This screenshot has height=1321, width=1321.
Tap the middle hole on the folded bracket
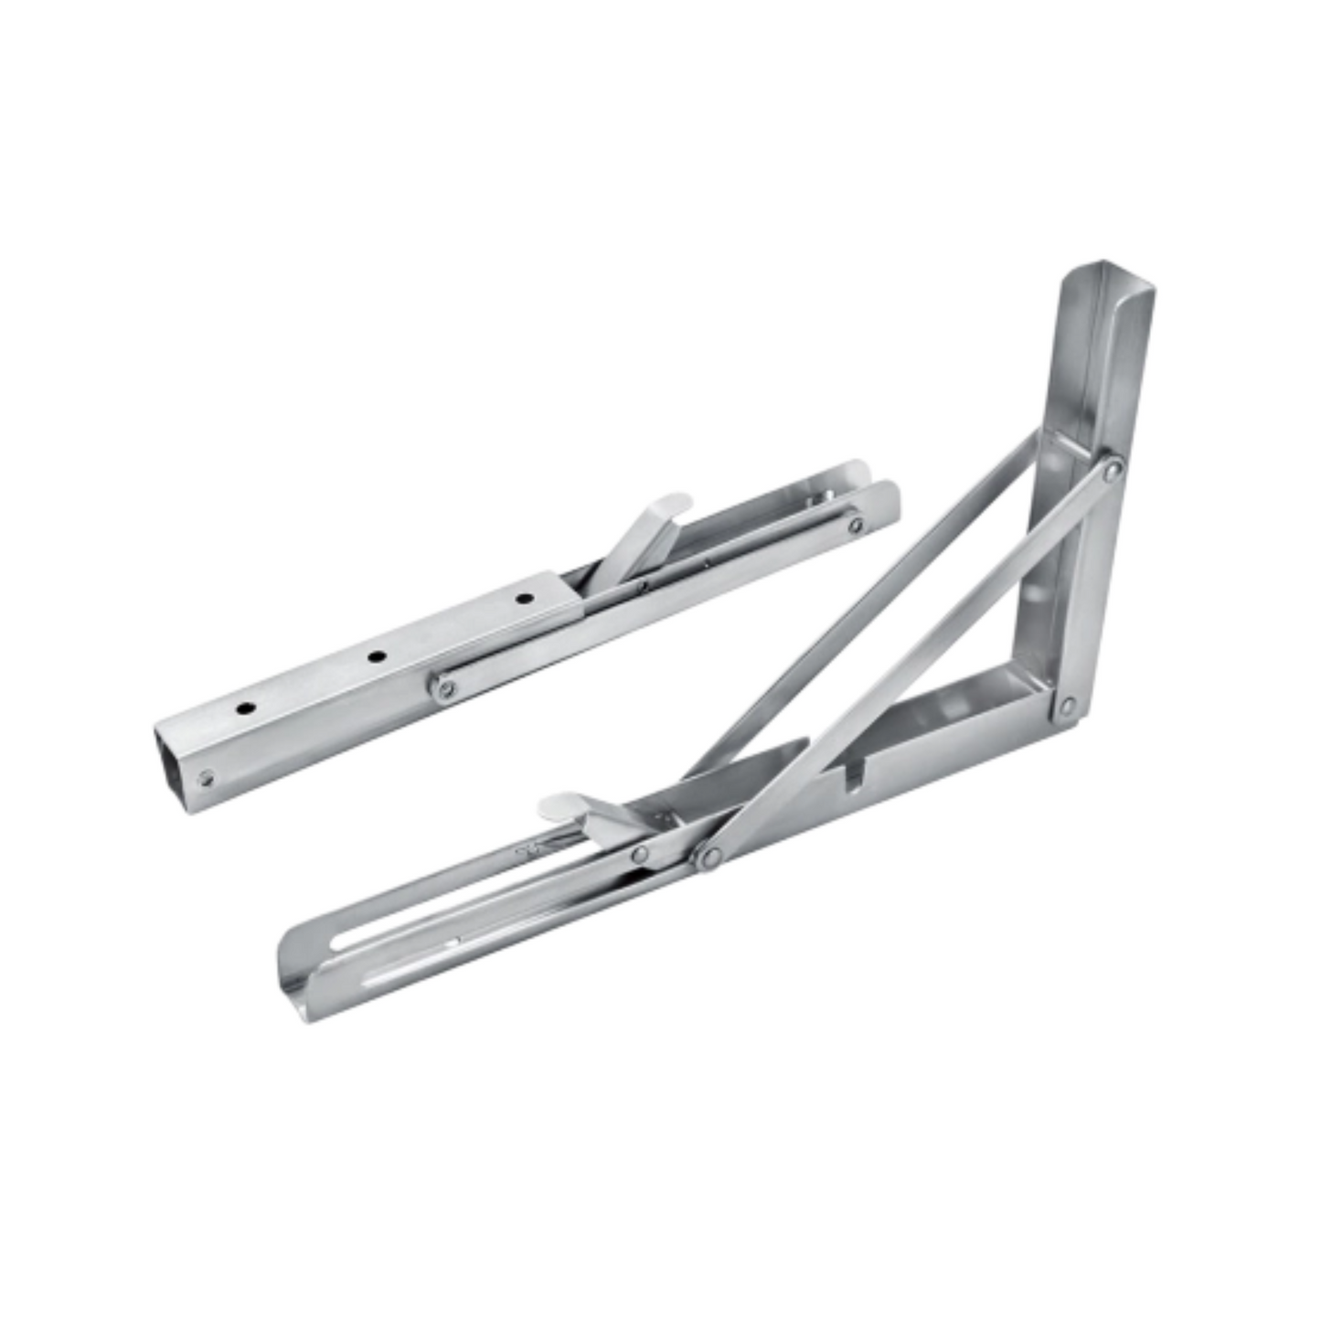point(374,655)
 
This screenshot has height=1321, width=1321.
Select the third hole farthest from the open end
point(523,599)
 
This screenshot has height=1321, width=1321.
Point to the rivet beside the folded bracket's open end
point(207,778)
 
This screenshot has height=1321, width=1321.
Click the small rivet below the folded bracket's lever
point(644,585)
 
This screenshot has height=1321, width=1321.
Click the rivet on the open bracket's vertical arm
point(1112,470)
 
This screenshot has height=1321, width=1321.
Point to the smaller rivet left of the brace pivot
point(641,855)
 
